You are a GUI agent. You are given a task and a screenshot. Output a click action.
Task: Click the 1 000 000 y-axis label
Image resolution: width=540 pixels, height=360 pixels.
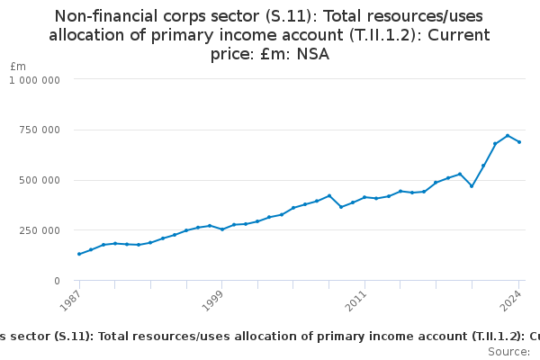(34, 79)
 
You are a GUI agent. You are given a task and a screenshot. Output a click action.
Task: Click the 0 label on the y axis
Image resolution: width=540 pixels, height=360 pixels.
(56, 281)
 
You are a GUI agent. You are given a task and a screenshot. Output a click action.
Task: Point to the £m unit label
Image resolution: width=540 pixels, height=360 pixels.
(18, 67)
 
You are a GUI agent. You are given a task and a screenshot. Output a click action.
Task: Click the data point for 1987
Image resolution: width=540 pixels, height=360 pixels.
(79, 254)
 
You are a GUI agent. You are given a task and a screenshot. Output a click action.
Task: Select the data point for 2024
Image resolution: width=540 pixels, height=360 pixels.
(519, 142)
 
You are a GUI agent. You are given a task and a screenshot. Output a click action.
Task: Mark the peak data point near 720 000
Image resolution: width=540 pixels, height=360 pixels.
(508, 136)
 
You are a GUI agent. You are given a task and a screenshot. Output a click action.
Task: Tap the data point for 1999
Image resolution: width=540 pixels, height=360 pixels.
(222, 229)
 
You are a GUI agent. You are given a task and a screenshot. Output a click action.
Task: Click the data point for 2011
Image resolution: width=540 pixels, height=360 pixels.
(364, 197)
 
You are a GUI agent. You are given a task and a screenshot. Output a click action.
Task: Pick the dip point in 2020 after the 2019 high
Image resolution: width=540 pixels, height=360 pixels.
(472, 186)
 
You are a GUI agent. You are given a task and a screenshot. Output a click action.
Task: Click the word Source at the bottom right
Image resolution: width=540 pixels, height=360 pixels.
(508, 352)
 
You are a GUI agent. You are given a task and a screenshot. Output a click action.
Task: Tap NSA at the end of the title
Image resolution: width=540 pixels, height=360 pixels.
(312, 54)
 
